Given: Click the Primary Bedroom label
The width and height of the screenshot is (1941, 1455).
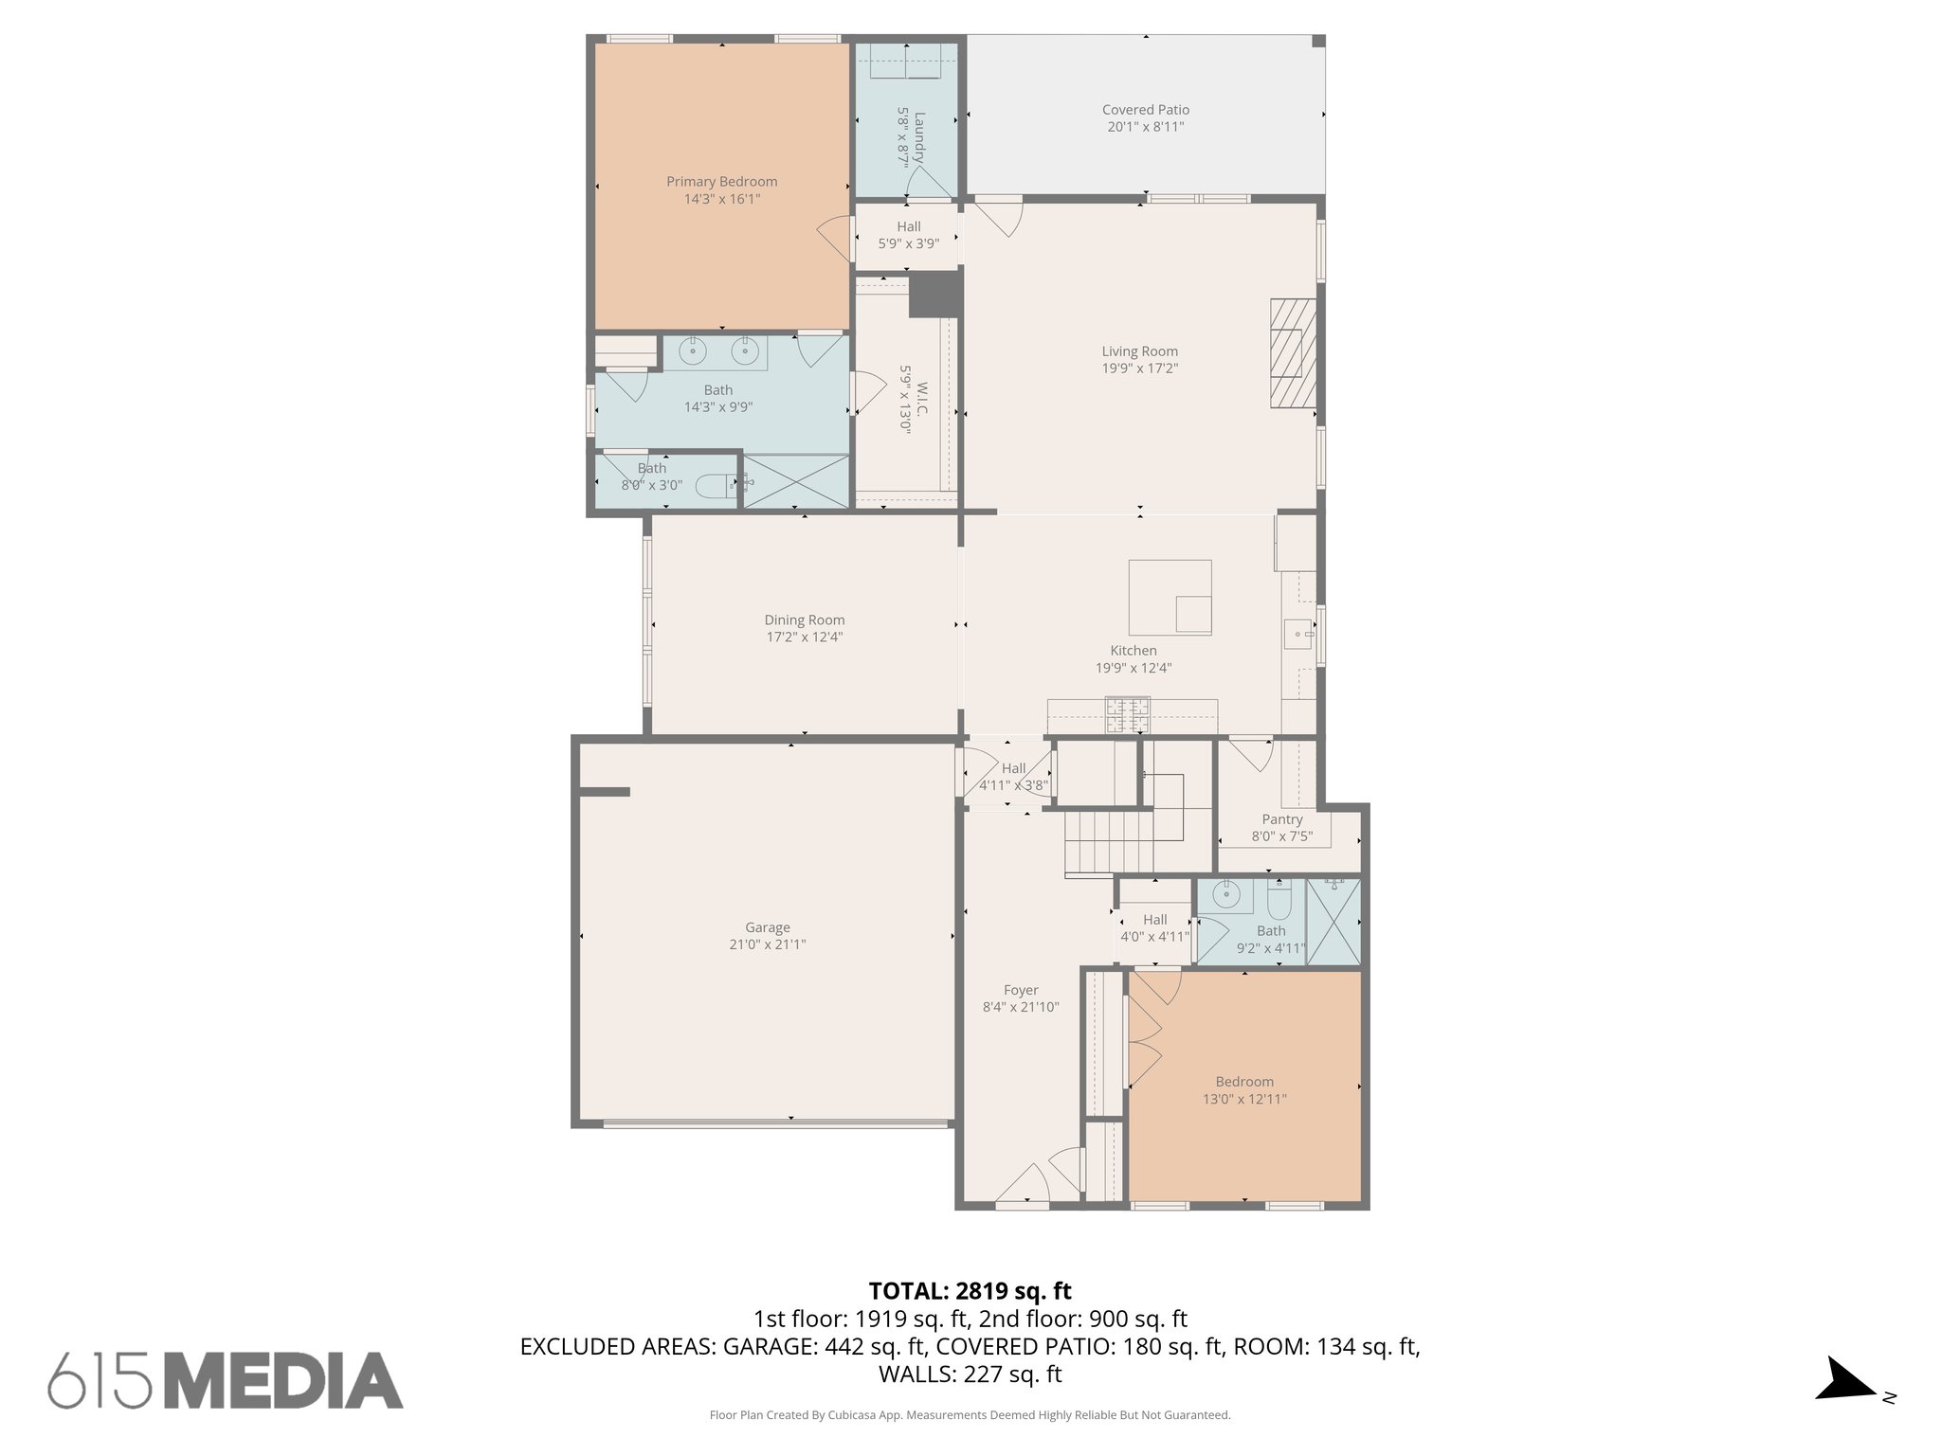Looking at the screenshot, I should point(721,182).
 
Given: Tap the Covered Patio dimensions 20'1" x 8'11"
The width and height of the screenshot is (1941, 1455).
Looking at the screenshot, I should point(1145,127).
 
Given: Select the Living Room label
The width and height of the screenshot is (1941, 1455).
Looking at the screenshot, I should point(1139,351).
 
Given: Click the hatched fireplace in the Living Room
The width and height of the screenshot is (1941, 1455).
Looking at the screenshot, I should point(1293,353).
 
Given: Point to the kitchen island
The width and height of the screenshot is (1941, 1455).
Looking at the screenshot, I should point(1170,597).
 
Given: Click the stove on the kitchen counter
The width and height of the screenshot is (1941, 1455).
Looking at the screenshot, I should point(1127,714).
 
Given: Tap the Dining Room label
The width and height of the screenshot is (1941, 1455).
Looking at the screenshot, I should point(804,620).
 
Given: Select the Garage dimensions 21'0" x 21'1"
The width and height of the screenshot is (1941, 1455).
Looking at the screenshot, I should point(767,944).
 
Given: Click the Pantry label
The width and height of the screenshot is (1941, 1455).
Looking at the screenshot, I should point(1281,819).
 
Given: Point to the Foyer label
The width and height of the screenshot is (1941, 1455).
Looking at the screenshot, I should point(1021,990).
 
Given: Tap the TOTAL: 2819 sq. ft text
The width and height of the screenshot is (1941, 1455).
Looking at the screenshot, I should point(970,1291).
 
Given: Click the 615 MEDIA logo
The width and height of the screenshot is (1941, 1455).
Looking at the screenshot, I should point(226,1380).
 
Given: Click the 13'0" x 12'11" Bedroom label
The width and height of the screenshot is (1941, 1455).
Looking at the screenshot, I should point(1243,1082).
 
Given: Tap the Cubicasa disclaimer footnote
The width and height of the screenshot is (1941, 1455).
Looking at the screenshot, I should point(970,1415).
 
